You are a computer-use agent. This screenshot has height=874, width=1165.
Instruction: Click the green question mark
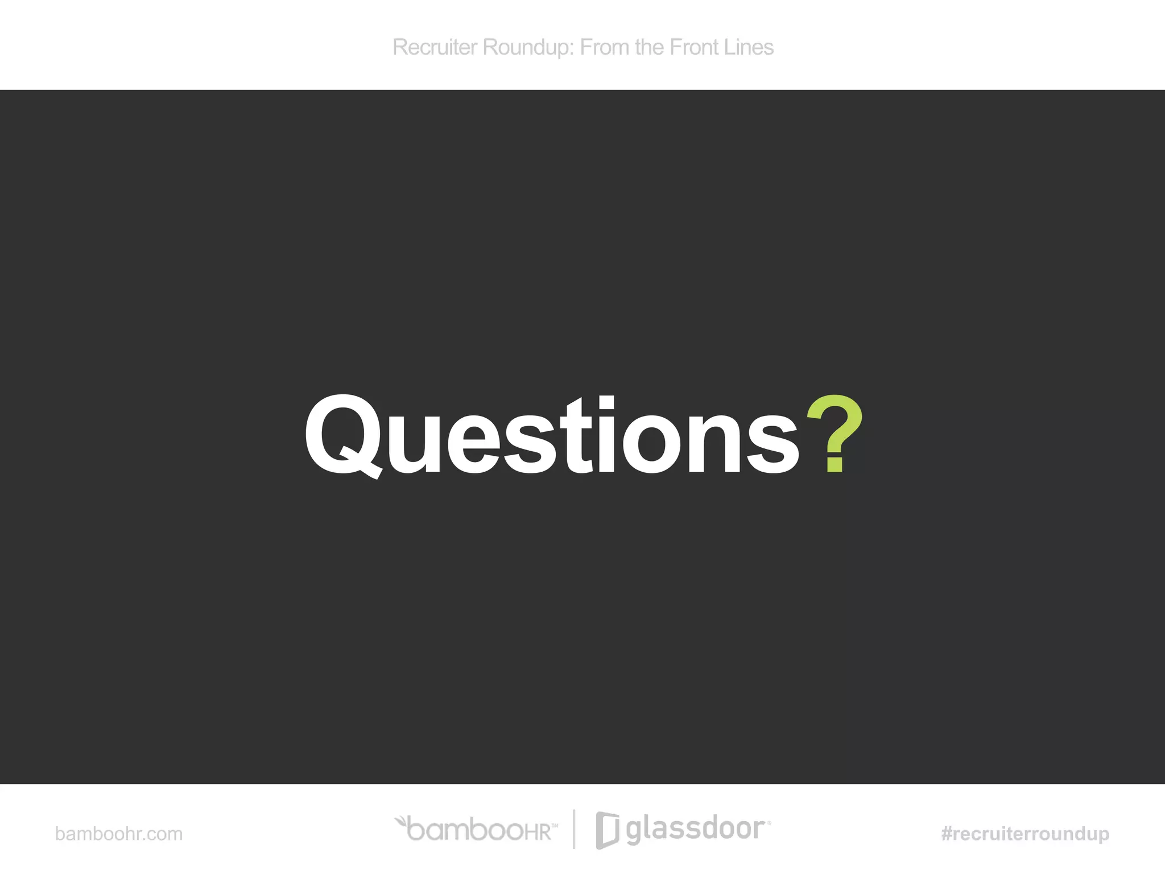pos(835,432)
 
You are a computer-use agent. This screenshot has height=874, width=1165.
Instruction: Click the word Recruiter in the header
pos(435,47)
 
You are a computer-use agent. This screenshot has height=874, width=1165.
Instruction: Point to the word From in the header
pos(605,47)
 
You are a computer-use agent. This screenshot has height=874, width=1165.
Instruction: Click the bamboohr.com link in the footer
pos(119,834)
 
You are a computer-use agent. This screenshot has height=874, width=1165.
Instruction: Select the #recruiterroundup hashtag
pos(1025,834)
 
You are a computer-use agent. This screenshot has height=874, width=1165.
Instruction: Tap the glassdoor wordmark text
pos(695,829)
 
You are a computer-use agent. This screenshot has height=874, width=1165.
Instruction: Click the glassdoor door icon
pos(607,830)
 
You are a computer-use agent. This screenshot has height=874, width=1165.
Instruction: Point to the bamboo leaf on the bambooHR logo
pos(401,821)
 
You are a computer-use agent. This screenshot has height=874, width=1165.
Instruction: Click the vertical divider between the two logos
pos(574,828)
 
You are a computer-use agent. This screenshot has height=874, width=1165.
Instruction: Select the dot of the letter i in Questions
pos(606,403)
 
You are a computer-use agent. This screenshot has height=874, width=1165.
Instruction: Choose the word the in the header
pos(650,47)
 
